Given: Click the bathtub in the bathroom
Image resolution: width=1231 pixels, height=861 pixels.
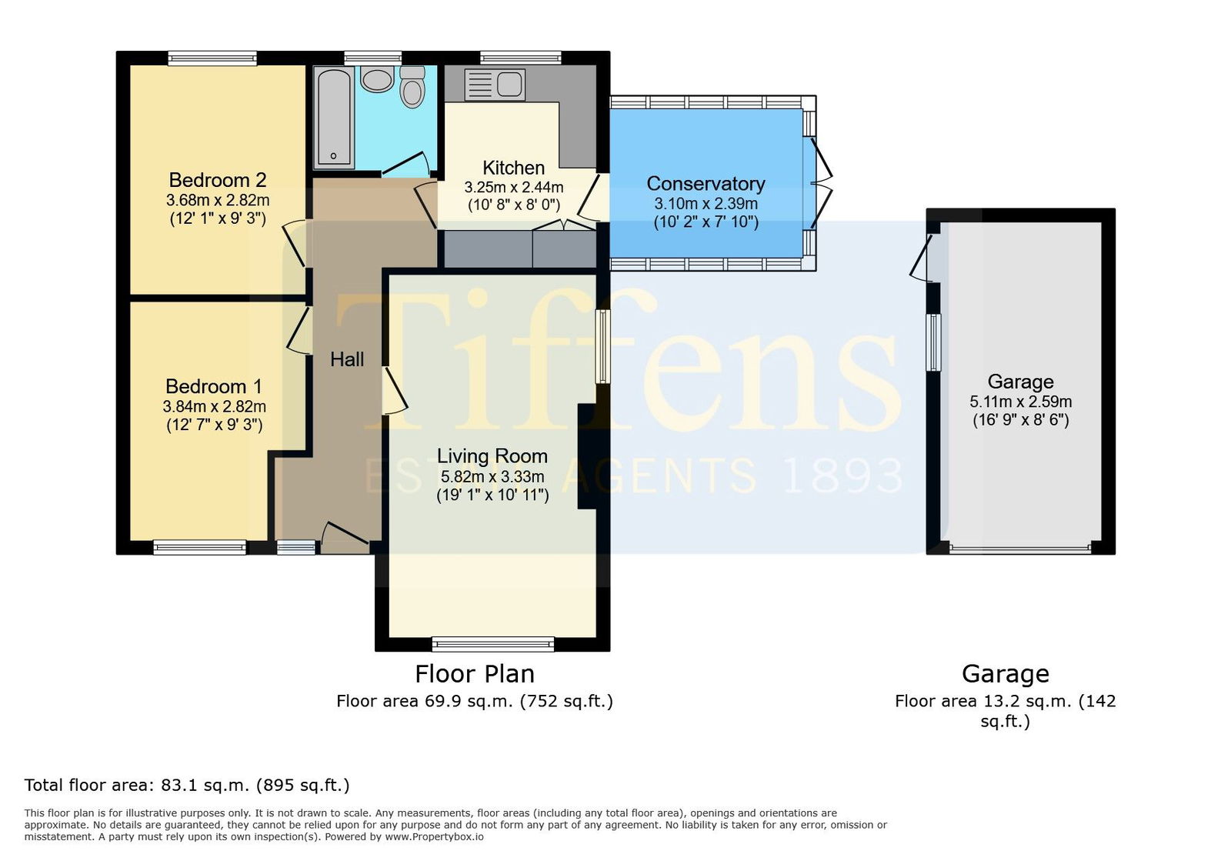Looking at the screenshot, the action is point(334,118).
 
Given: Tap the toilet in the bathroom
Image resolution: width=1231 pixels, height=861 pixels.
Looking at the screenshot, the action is point(412,87).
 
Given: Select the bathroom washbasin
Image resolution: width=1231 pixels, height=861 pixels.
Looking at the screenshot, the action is point(376,78).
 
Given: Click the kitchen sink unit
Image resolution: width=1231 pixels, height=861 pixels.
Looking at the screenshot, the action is point(495,85).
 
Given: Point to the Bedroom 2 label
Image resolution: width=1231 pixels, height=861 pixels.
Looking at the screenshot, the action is point(218,180).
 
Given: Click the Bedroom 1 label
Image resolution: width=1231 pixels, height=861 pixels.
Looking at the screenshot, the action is point(214,386).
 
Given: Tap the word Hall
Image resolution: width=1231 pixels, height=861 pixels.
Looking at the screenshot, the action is point(347,359).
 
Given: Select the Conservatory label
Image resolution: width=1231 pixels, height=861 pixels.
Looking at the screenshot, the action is point(706,184).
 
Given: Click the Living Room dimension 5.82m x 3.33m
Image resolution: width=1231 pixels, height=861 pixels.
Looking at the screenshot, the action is point(492,476).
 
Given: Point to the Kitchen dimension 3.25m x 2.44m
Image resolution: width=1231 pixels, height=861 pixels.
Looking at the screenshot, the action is point(514,188).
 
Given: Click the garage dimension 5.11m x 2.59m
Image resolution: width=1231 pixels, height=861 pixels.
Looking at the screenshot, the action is point(1020,402).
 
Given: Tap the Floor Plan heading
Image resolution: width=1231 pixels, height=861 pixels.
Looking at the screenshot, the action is point(474,673).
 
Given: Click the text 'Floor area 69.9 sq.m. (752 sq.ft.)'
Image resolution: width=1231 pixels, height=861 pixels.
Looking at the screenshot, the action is point(474,701).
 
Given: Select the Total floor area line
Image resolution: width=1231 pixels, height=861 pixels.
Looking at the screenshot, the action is point(187,785).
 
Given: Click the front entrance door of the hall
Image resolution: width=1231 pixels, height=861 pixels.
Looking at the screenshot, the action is point(345,533).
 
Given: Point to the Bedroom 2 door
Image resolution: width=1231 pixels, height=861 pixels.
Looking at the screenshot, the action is point(295,243).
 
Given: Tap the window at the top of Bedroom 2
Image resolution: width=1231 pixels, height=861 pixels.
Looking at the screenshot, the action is point(212,58).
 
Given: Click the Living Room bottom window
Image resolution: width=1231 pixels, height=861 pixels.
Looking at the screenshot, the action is point(493,643).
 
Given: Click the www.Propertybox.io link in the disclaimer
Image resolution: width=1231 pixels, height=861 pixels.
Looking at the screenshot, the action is point(434,837).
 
